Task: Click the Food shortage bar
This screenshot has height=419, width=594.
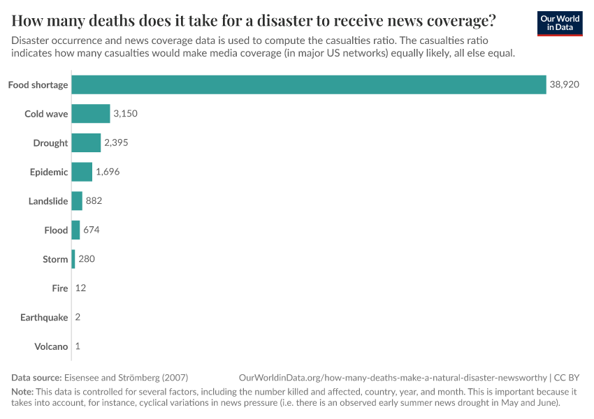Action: click(308, 84)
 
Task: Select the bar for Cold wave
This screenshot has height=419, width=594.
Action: click(90, 114)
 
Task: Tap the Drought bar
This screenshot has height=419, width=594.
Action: click(86, 143)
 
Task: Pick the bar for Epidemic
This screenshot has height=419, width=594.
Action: click(82, 172)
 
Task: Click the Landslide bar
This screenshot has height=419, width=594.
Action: click(77, 201)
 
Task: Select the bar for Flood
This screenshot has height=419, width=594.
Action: click(75, 230)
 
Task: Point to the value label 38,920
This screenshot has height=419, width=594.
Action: click(564, 84)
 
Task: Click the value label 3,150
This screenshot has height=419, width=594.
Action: click(127, 114)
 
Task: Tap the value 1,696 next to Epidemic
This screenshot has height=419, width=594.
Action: click(109, 172)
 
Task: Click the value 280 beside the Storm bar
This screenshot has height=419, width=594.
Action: click(87, 259)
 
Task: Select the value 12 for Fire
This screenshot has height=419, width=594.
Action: click(80, 288)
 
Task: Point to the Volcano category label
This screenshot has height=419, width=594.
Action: click(51, 346)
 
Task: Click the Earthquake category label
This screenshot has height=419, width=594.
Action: click(44, 317)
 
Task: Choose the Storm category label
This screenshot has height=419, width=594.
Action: click(55, 259)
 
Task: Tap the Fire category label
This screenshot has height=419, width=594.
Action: click(60, 288)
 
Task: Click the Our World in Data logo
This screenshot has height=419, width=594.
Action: click(559, 23)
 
